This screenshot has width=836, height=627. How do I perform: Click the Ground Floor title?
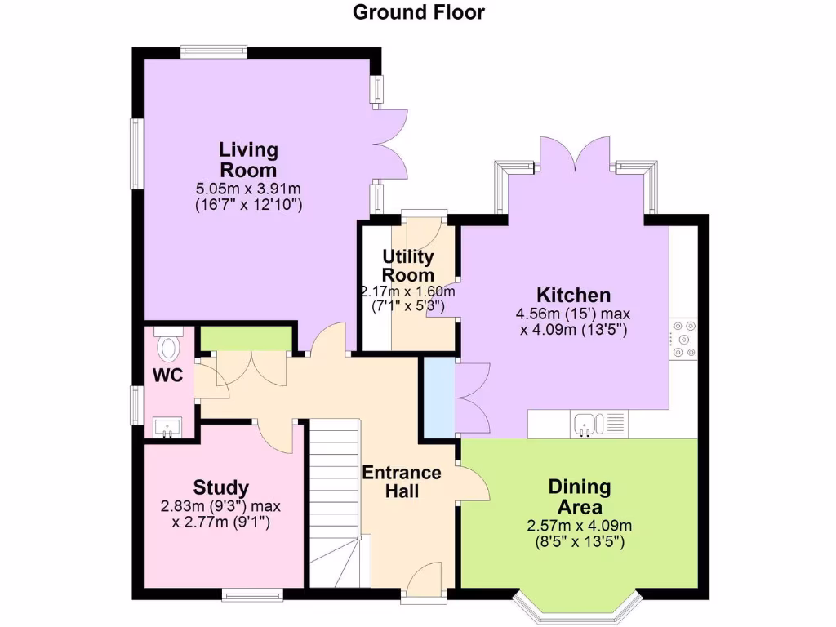click(x=418, y=12)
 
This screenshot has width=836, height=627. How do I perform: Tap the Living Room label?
click(x=248, y=160)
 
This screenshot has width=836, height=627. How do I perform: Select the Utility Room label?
click(x=408, y=266)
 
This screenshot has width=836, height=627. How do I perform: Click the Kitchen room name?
click(x=573, y=295)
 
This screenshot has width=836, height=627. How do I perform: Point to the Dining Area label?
click(x=579, y=497)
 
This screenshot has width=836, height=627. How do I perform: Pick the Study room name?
click(x=220, y=487)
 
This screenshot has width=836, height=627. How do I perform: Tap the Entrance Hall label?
click(x=402, y=482)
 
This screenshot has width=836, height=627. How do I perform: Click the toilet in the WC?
click(x=169, y=346)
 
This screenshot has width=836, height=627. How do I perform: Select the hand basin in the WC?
click(x=168, y=426)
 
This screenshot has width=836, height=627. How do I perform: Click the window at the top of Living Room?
click(x=213, y=51)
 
